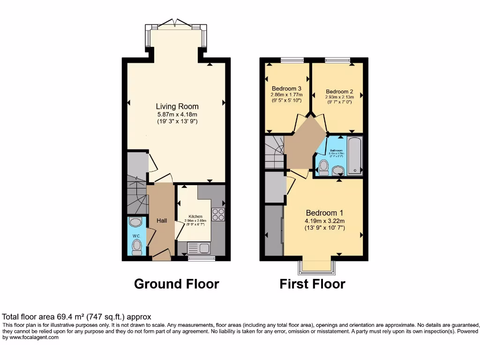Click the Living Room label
pyautogui.click(x=177, y=106)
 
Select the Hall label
pyautogui.click(x=162, y=221)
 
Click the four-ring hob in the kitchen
pyautogui.click(x=218, y=214)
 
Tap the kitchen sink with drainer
pyautogui.click(x=199, y=247)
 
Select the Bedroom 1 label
pyautogui.click(x=325, y=212)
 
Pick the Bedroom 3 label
pyautogui.click(x=286, y=89)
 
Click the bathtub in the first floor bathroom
pyautogui.click(x=355, y=156)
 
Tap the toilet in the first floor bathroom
pyautogui.click(x=323, y=167)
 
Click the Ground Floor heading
pyautogui.click(x=176, y=284)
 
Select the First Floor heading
pyautogui.click(x=312, y=284)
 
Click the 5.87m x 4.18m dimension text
pyautogui.click(x=177, y=114)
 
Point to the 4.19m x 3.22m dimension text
pyautogui.click(x=325, y=221)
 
